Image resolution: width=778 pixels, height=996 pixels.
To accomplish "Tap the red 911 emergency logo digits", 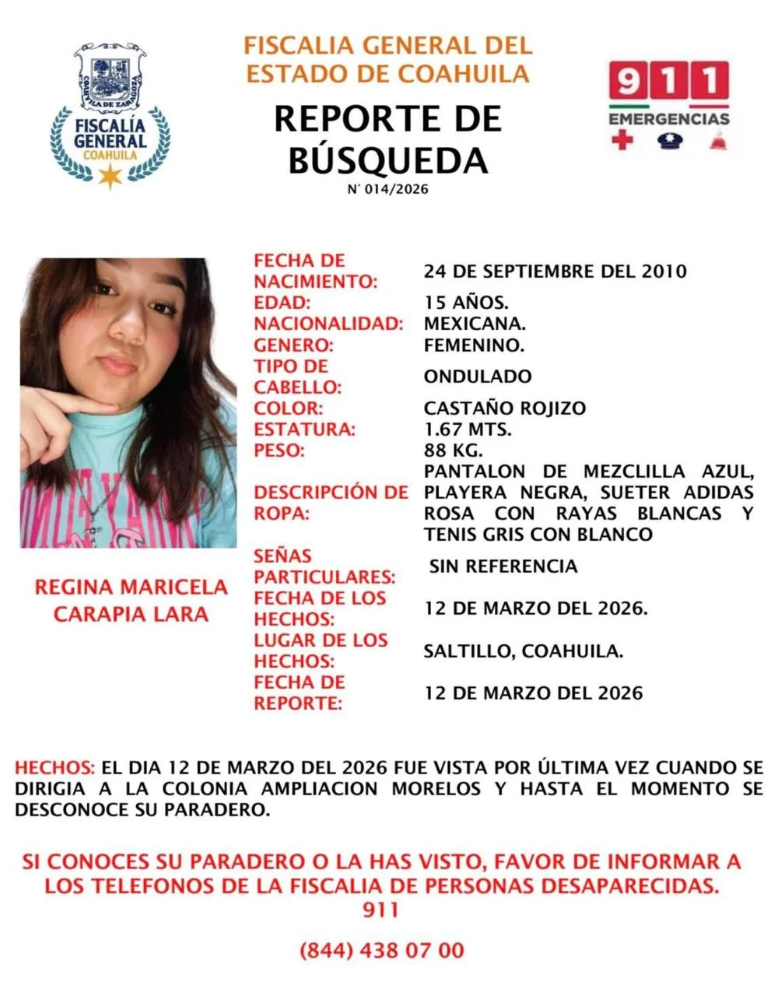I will tap(668, 82).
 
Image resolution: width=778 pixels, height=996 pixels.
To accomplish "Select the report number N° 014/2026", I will tap(387, 189).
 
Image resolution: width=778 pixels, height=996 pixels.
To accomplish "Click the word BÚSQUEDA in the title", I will tap(388, 160).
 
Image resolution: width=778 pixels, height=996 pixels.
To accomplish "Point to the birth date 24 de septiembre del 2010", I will tap(555, 272).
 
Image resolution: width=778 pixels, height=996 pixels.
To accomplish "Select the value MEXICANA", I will tap(475, 323).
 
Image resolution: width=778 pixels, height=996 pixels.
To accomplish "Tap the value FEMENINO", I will tap(474, 344).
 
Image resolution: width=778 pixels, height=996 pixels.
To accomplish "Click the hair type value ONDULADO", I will tap(478, 377).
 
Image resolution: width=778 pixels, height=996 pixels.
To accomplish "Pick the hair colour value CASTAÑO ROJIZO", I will tap(505, 408).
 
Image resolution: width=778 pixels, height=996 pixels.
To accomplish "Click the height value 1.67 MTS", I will tap(468, 429).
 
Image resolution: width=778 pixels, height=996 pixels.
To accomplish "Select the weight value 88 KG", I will tap(454, 450).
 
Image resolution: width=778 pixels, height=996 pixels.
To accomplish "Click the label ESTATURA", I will tap(304, 430).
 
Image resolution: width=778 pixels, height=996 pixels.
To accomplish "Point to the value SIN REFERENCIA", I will tap(503, 566).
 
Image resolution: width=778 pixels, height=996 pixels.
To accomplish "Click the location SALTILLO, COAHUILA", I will tap(523, 651).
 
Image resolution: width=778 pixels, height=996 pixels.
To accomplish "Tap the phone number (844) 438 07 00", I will tap(381, 950).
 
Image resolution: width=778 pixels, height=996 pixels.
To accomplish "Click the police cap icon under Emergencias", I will tap(668, 141).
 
